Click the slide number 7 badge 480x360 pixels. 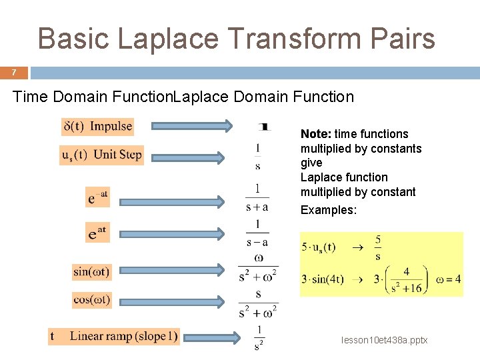(x=13, y=73)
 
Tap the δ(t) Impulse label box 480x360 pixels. (x=97, y=127)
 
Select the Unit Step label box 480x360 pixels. (x=101, y=155)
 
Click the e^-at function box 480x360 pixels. (x=97, y=197)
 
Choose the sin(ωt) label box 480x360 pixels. (x=92, y=271)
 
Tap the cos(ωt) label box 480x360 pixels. (x=92, y=300)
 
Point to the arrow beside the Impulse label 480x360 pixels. (x=192, y=126)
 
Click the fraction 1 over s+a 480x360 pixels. (x=257, y=197)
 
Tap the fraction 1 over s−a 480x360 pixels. (x=257, y=233)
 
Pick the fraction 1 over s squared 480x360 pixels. (x=259, y=337)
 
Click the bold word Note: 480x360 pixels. (x=315, y=134)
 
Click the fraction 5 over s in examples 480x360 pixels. (x=378, y=247)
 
